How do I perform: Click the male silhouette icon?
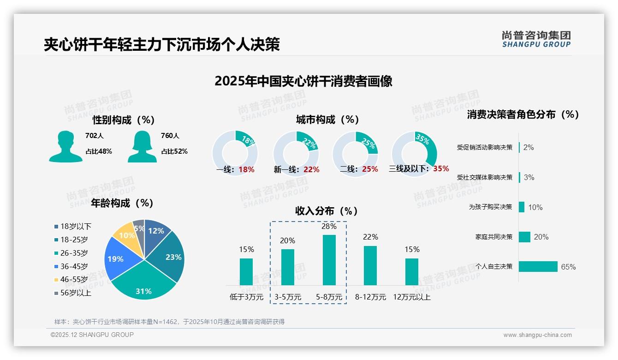click(x=66, y=146)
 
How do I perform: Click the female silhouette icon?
click(x=142, y=146)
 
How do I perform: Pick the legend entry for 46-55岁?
click(x=71, y=280)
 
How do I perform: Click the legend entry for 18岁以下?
click(x=73, y=226)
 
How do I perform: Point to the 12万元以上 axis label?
click(x=411, y=297)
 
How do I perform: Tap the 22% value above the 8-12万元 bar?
click(x=370, y=237)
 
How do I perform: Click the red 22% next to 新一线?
click(x=311, y=169)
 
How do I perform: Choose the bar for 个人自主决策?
click(x=538, y=266)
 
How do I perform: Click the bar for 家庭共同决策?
click(x=524, y=237)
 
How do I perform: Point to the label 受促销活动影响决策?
click(x=484, y=147)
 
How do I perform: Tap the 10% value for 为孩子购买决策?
click(x=535, y=207)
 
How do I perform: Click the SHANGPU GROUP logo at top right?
click(x=536, y=39)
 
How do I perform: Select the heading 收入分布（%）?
click(x=327, y=211)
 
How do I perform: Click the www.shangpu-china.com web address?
click(x=537, y=335)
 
